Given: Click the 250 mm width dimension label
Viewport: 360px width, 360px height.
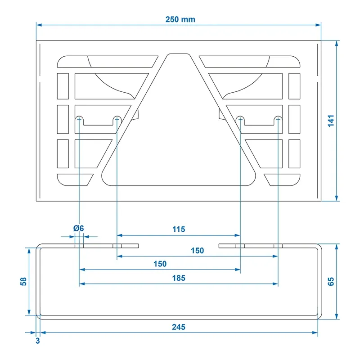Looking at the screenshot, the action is coord(180,19).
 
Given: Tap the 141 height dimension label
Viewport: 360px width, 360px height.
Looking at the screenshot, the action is coord(331,121).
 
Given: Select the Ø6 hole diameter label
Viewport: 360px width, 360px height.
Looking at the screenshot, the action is coord(78,228).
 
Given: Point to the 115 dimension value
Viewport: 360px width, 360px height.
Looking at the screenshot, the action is coord(179,229).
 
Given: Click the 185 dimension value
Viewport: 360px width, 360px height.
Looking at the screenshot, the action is coord(179,278).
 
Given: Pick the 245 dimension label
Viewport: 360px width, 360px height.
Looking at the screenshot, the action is coord(179,327).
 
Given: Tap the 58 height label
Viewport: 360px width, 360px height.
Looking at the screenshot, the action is coord(23,282).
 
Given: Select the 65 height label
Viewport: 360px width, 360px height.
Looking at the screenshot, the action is coord(331,282).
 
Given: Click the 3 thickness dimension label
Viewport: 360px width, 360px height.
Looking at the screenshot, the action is coord(38,341).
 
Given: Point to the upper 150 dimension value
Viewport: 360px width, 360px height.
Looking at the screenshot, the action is coord(198,251).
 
